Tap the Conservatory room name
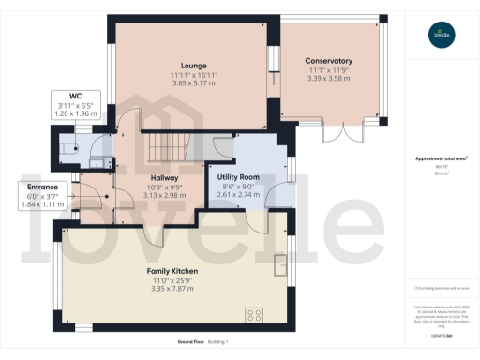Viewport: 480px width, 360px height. point(328,60)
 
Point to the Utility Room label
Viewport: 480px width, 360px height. point(238,176)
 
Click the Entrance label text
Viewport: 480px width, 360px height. point(41,187)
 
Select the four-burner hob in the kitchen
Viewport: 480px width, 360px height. point(253,314)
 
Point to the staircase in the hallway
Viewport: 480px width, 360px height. point(160,147)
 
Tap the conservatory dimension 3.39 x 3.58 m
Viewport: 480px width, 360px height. point(328,78)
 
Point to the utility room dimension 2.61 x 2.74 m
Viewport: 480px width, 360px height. point(238,195)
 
